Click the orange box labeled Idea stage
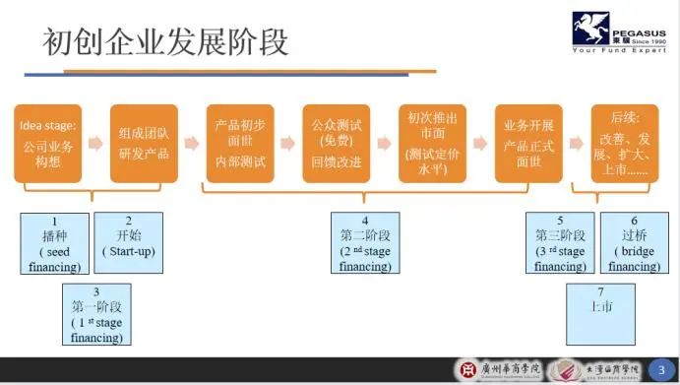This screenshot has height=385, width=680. pyautogui.click(x=47, y=143)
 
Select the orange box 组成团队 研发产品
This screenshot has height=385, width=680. pyautogui.click(x=144, y=143)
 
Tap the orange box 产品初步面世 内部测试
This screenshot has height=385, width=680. pyautogui.click(x=240, y=143)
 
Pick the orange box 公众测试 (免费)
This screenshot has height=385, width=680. pyautogui.click(x=337, y=143)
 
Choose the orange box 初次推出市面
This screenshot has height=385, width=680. pyautogui.click(x=433, y=143)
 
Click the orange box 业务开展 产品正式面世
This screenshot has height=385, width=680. pyautogui.click(x=529, y=143)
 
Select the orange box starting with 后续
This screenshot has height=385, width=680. pyautogui.click(x=624, y=143)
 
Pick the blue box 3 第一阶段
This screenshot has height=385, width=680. pyautogui.click(x=96, y=314)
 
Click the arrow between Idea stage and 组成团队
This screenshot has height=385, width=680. pyautogui.click(x=95, y=144)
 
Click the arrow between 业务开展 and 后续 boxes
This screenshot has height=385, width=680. pyautogui.click(x=578, y=144)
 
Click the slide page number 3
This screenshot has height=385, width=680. pyautogui.click(x=660, y=368)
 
